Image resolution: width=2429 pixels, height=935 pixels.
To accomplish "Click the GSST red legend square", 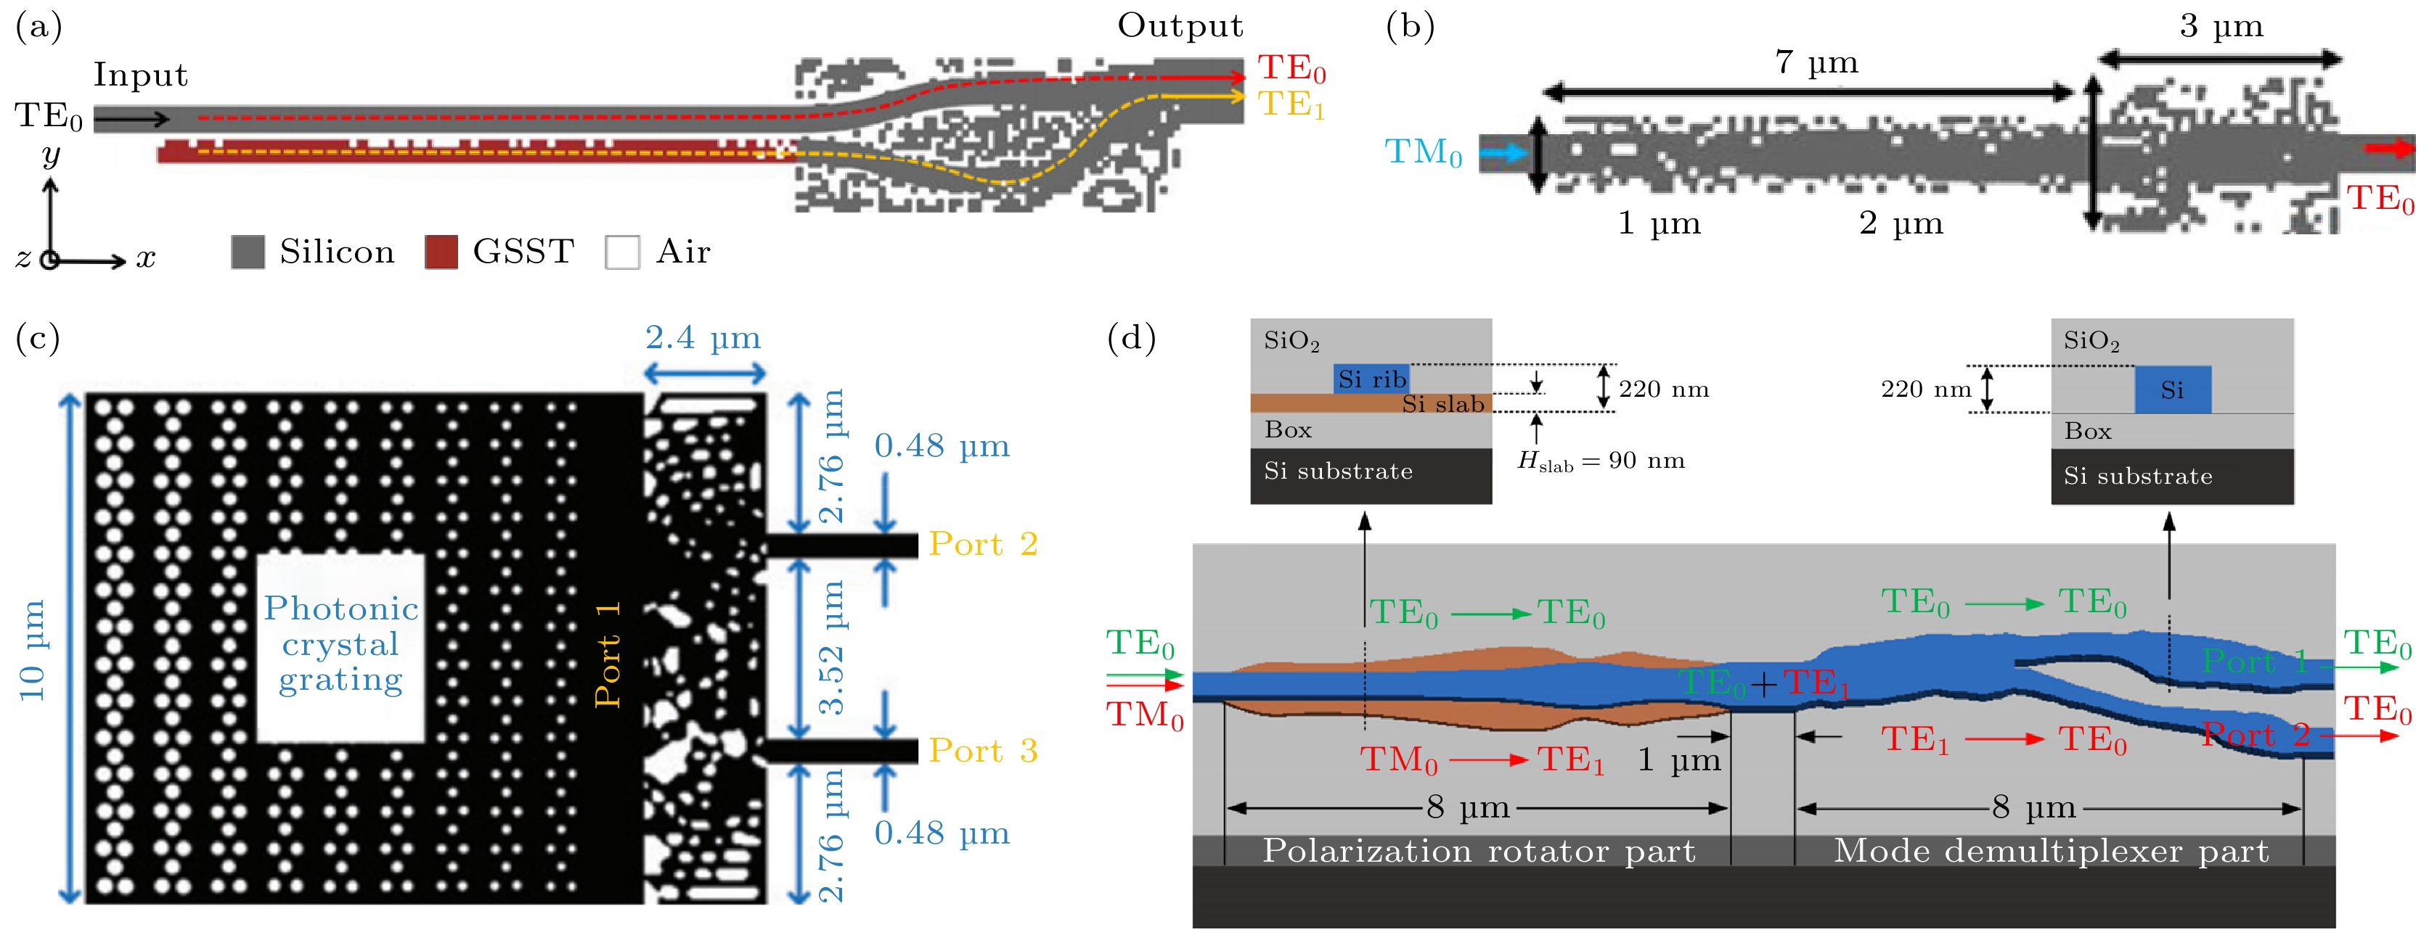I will pos(441,252).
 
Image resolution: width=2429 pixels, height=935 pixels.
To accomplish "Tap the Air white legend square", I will pos(622,252).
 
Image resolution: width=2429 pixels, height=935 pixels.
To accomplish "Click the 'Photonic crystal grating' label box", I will pos(340,646).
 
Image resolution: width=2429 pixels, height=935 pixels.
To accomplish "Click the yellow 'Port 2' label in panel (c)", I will pos(982,545).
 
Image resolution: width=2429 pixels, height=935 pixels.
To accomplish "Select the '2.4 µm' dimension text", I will pos(703,337).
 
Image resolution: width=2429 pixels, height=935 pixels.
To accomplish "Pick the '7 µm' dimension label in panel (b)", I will pos(1816,63).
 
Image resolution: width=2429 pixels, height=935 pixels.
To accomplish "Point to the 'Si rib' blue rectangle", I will pos(1372,379).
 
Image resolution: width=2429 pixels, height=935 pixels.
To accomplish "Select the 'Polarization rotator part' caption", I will pos(1479,851).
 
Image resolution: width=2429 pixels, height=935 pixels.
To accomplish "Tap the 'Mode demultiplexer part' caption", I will pos(2051,851).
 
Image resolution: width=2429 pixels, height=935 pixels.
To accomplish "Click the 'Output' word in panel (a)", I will pos(1180,26).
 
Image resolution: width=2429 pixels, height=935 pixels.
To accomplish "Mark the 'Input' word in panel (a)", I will pos(141,75).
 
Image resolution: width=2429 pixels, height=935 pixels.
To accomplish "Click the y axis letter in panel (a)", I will pos(51,155).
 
